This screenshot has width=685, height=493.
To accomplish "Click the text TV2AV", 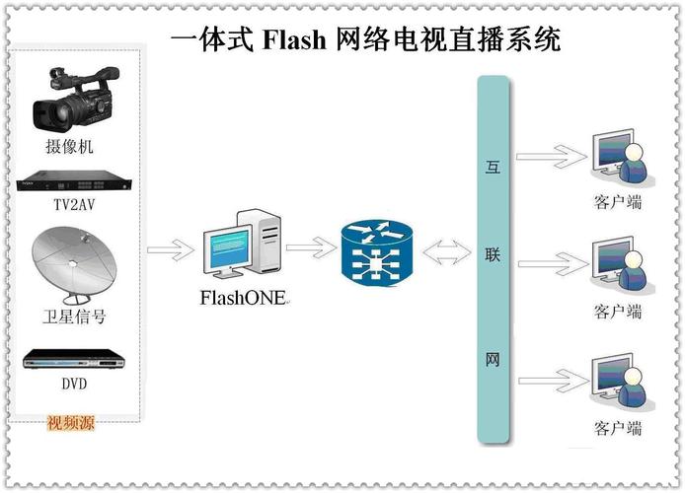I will pyautogui.click(x=75, y=207).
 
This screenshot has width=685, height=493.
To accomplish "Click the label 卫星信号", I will pyautogui.click(x=74, y=317).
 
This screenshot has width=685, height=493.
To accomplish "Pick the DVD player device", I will pyautogui.click(x=75, y=358).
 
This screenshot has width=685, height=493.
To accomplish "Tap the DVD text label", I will pyautogui.click(x=75, y=385).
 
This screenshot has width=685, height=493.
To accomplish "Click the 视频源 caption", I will pyautogui.click(x=71, y=424).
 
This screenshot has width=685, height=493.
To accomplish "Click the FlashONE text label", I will pyautogui.click(x=243, y=296).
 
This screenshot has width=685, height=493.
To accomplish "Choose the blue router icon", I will pyautogui.click(x=375, y=253).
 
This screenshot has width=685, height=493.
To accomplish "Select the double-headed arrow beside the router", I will pyautogui.click(x=447, y=252).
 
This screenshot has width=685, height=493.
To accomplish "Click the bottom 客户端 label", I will pyautogui.click(x=618, y=428).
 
